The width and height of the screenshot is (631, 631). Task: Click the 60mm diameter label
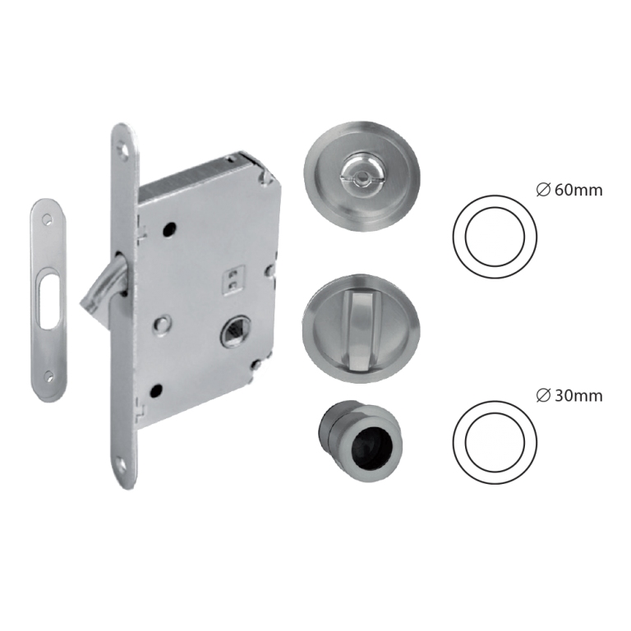point(569,190)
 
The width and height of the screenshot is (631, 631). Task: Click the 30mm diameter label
point(569,396)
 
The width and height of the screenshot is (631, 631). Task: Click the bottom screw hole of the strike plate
point(49,377)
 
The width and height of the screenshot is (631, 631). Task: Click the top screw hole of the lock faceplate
point(122,151)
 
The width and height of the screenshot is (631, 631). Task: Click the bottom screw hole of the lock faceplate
point(122,466)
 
